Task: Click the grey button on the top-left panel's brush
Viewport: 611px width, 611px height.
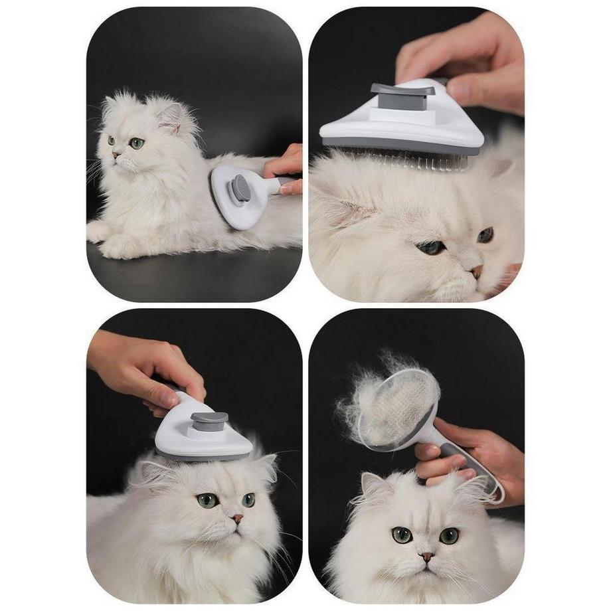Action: [241, 189]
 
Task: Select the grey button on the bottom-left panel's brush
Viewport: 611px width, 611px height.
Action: [209, 421]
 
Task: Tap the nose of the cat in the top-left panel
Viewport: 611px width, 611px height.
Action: [115, 154]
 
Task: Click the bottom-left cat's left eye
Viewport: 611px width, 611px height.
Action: [207, 500]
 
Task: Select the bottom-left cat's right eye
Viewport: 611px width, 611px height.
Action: [248, 499]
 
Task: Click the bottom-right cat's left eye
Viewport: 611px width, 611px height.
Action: [401, 535]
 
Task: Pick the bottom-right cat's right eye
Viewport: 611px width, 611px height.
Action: [448, 535]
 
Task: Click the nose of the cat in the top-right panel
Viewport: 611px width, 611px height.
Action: [476, 271]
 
